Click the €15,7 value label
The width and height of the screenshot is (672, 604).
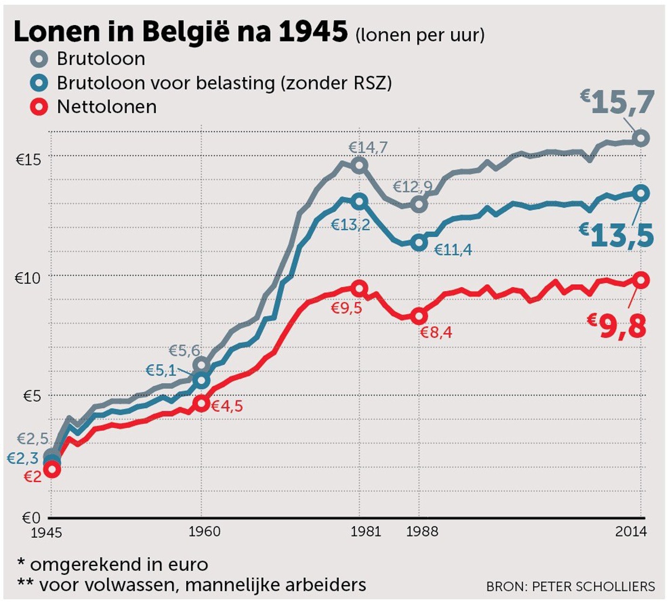click(618, 102)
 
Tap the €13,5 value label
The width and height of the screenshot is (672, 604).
click(617, 235)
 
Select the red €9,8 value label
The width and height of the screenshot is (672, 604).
click(617, 326)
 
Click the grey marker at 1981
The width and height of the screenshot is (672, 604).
click(360, 165)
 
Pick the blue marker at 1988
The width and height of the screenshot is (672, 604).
click(419, 243)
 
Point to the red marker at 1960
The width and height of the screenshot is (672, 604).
click(201, 403)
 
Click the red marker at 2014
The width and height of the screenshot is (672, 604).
click(641, 280)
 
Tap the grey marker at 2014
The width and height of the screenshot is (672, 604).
click(641, 138)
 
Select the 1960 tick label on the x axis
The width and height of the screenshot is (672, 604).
click(204, 531)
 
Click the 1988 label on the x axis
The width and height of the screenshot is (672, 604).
click(422, 531)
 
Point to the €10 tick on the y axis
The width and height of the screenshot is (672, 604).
click(28, 278)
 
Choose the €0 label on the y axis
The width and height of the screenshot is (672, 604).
click(31, 518)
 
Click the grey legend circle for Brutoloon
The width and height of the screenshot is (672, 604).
click(39, 59)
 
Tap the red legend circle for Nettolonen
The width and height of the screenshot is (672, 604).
click(39, 107)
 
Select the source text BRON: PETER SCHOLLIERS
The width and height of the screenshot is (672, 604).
click(570, 586)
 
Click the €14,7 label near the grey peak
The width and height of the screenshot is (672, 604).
click(368, 148)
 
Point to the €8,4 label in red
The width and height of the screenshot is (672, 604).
click(436, 333)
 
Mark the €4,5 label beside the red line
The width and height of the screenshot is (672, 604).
click(227, 406)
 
